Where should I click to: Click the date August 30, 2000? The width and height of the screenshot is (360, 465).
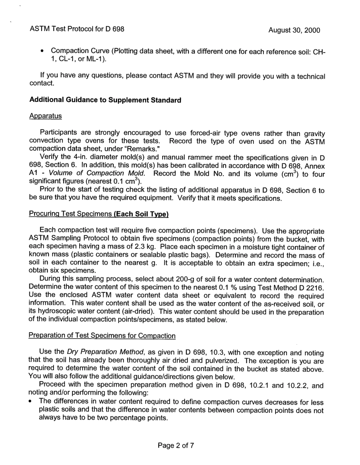294,30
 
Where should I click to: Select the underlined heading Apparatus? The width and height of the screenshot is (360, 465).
45,116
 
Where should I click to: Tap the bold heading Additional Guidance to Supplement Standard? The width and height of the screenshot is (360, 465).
105,100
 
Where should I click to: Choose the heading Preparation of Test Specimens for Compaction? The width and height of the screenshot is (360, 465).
102,335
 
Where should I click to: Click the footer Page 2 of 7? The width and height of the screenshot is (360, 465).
176,445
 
